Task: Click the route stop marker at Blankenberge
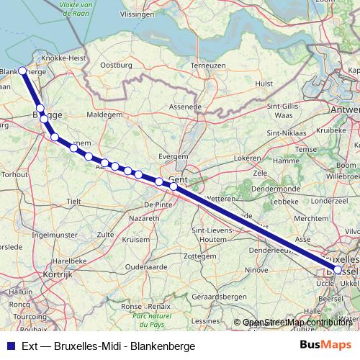[22, 71]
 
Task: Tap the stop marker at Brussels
[338, 269]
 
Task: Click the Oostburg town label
[116, 65]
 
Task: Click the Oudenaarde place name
[146, 266]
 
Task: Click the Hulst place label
[264, 84]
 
